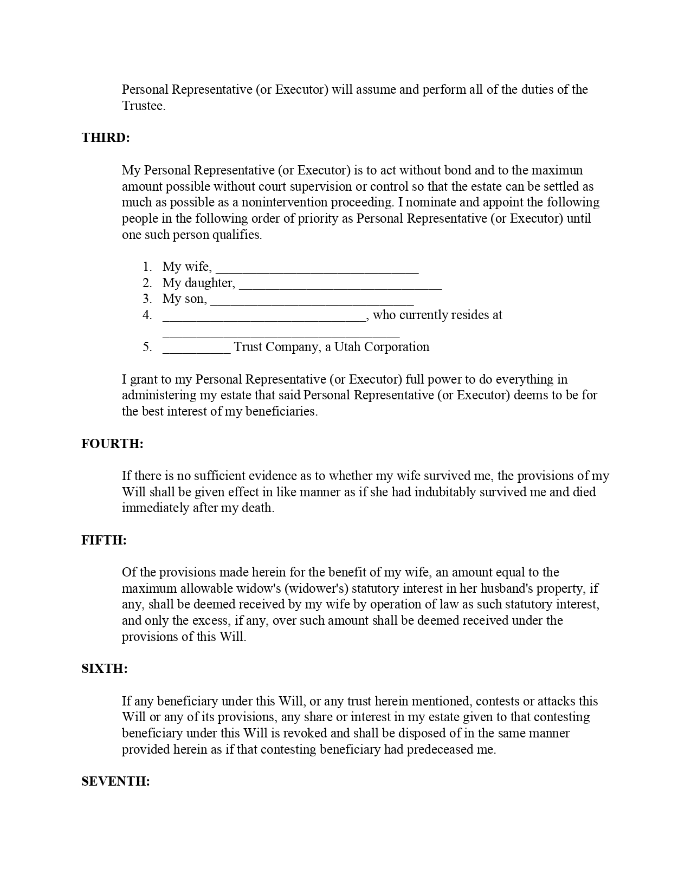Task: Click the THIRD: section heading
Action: (106, 138)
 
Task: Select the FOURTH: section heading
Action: (112, 444)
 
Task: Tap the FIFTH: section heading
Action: (104, 540)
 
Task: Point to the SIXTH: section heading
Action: (105, 669)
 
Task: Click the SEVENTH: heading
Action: (115, 781)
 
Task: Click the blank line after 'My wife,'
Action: (317, 270)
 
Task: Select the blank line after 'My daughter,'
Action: (340, 286)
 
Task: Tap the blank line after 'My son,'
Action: (312, 302)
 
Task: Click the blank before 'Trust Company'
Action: (196, 350)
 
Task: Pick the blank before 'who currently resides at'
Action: (264, 318)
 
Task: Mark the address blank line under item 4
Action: (281, 334)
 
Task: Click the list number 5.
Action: (147, 347)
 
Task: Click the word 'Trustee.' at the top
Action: (144, 106)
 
